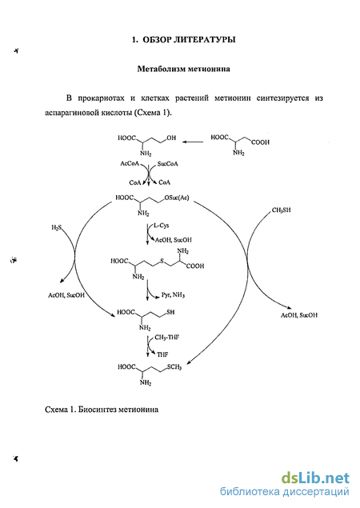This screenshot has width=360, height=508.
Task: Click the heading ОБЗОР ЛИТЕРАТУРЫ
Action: [x=189, y=40]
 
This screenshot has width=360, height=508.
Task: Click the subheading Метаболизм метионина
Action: [x=183, y=69]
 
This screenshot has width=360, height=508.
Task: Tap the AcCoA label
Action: [x=130, y=164]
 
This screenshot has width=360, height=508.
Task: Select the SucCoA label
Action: [x=167, y=164]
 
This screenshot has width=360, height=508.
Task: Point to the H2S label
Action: [x=56, y=228]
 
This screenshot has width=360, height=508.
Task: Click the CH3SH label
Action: [x=281, y=210]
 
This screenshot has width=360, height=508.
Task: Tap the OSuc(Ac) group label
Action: [x=177, y=198]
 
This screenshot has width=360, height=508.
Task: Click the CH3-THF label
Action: [x=167, y=338]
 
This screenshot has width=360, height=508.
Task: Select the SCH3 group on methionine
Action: [x=174, y=367]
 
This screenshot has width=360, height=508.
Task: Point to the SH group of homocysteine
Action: [x=170, y=312]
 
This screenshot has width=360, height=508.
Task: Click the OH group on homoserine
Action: [x=171, y=138]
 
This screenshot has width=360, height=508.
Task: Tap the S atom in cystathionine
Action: [x=162, y=261]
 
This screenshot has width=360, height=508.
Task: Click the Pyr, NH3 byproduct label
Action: [x=173, y=295]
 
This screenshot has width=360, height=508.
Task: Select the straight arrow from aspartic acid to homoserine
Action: [x=193, y=142]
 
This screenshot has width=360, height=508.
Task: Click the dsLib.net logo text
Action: [x=315, y=478]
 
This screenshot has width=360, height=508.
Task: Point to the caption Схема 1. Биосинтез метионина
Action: [x=102, y=409]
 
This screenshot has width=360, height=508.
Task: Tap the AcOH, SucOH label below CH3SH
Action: [x=299, y=315]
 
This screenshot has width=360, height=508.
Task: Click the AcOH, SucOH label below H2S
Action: [x=66, y=295]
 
